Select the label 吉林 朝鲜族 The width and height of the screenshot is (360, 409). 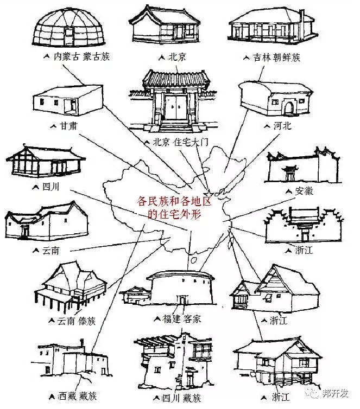pyautogui.click(x=276, y=56)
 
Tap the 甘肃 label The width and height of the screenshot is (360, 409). pyautogui.click(x=68, y=125)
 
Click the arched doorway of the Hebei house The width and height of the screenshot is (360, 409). pyautogui.click(x=288, y=107)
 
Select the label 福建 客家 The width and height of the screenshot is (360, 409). pyautogui.click(x=181, y=319)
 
